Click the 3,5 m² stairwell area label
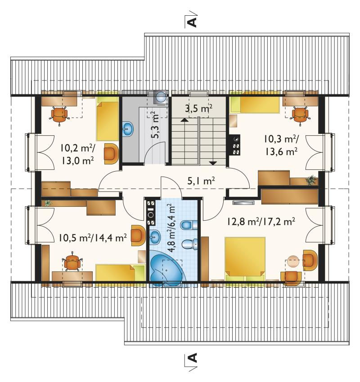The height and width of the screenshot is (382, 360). (x=198, y=108)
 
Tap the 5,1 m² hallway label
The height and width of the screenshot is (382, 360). (x=201, y=181)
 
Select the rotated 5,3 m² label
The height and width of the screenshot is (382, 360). (x=155, y=125)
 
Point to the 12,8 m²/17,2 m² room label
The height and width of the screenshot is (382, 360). (x=261, y=222)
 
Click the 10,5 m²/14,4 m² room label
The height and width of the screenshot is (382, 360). (x=92, y=238)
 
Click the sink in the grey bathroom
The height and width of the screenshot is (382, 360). (x=127, y=129)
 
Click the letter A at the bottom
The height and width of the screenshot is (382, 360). (x=193, y=358)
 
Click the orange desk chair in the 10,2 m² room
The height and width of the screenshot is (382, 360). (x=59, y=114)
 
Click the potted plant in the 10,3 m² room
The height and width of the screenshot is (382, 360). (x=311, y=180)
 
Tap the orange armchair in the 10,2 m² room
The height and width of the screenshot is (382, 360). (x=111, y=154)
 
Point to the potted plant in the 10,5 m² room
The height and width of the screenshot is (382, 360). (x=48, y=203)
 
